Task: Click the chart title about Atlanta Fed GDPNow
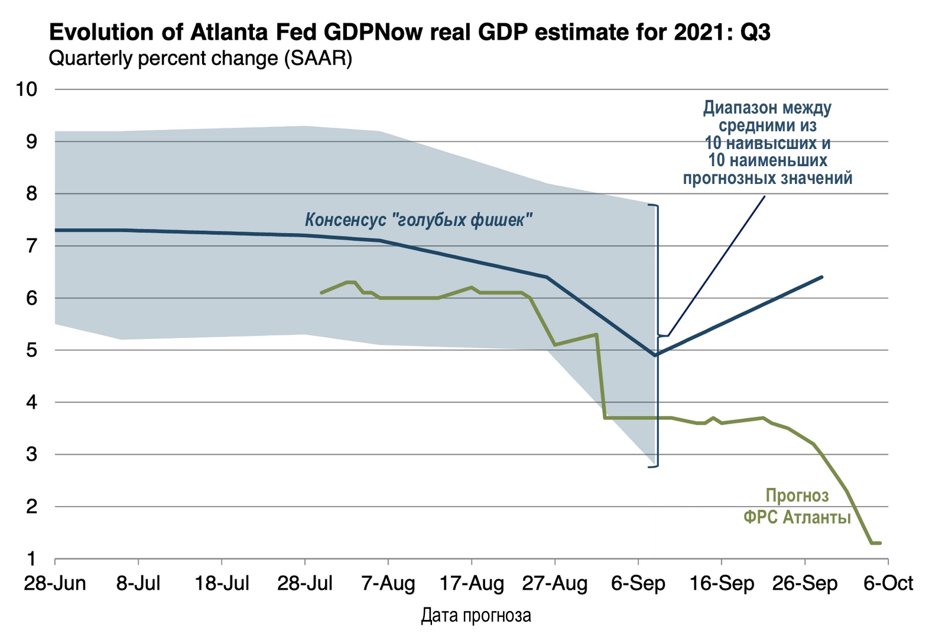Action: pos(410,33)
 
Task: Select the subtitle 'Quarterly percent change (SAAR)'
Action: pos(200,59)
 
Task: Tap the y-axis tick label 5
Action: pos(31,350)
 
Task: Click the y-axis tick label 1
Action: pos(31,559)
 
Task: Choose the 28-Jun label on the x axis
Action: pos(55,584)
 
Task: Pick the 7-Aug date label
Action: pos(388,584)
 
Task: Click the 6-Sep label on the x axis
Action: pos(638,584)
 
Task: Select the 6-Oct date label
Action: pos(888,584)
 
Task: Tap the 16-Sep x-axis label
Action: pos(722,584)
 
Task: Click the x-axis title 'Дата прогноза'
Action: pos(476,616)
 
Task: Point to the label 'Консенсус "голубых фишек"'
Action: pos(419,220)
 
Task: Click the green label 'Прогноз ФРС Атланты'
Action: pos(797,506)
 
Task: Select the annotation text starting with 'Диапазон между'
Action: pos(768,143)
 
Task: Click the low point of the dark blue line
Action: pos(655,355)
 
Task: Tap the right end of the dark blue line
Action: pos(822,277)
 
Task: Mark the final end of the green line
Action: pos(881,543)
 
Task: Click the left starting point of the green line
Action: pos(321,293)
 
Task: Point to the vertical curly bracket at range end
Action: pos(657,335)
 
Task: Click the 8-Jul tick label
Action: pos(138,584)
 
